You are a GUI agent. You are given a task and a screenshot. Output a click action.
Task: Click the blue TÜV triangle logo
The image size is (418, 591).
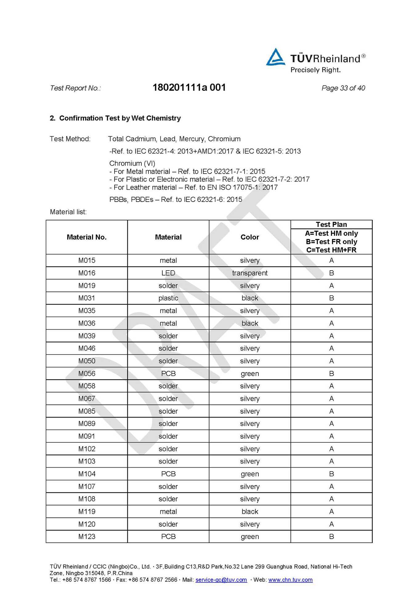click(275, 57)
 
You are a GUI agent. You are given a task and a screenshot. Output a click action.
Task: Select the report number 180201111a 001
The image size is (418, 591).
click(189, 88)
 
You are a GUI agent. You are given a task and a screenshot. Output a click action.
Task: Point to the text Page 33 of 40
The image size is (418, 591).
click(343, 88)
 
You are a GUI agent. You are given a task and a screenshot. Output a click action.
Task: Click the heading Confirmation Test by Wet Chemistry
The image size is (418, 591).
click(120, 118)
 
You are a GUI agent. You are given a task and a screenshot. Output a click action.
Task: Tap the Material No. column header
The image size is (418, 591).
click(87, 237)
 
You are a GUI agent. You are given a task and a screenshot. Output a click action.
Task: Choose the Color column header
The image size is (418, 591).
click(250, 237)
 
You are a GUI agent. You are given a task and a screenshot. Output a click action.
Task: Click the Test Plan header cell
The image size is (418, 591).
click(331, 224)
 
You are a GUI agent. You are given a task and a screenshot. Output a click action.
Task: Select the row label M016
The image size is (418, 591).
click(87, 273)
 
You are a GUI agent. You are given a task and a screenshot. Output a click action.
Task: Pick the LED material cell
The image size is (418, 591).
click(168, 273)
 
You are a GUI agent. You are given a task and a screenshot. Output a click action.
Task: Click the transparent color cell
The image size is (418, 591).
click(250, 273)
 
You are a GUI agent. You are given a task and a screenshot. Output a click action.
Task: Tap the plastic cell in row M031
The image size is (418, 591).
click(168, 298)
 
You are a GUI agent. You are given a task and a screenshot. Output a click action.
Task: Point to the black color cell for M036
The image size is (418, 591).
click(250, 323)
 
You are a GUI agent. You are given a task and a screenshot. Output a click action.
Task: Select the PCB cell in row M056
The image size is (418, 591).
click(168, 373)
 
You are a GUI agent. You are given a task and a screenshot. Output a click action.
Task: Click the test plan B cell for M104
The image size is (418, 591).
click(331, 474)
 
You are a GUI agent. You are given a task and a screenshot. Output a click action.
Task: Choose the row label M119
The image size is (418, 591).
click(87, 512)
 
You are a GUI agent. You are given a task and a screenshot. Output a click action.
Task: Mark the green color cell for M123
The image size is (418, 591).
click(250, 537)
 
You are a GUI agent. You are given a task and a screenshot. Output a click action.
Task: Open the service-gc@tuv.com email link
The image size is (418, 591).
click(221, 580)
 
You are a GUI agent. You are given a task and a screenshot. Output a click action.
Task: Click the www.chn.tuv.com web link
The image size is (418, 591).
click(290, 580)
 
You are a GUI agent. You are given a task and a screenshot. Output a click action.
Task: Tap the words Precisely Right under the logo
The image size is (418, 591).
click(315, 70)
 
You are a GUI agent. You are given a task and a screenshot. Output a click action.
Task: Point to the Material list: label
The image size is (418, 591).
click(68, 212)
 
